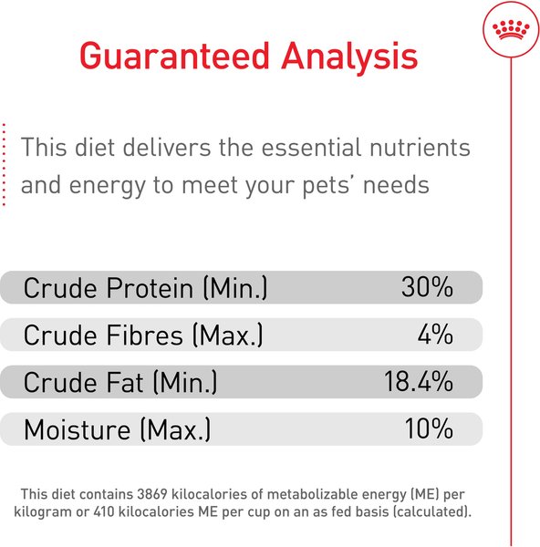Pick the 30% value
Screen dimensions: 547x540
427,288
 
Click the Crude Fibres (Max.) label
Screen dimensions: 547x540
143,335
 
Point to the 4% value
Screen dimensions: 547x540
435,335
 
